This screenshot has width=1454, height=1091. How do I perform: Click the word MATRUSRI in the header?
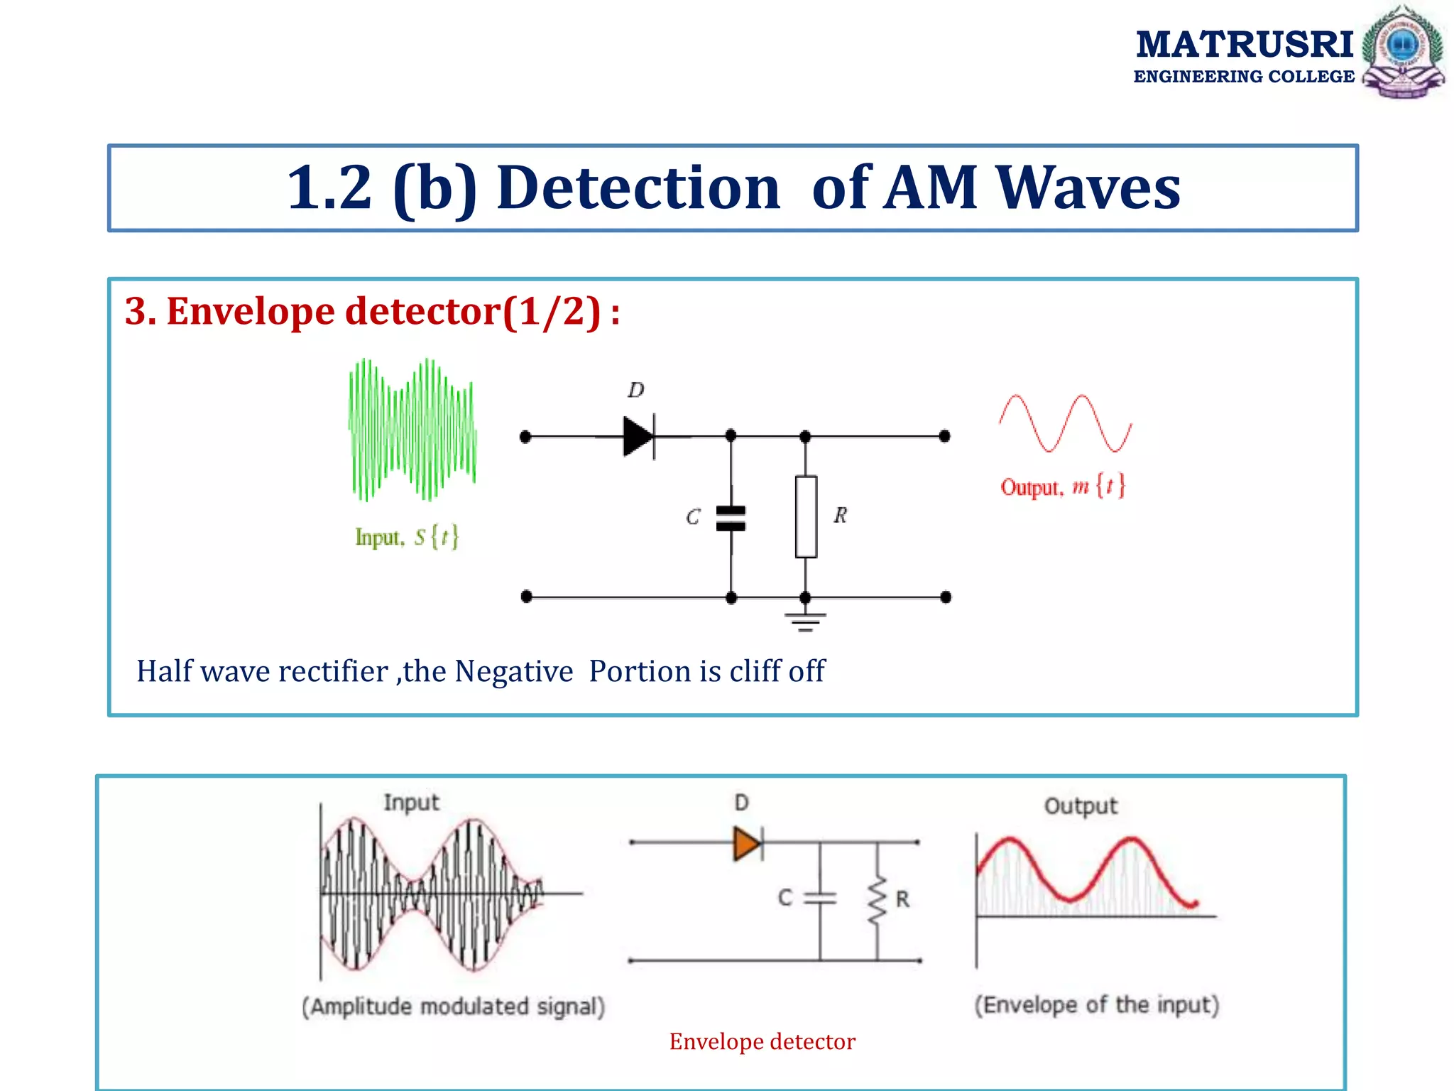[x=1244, y=44]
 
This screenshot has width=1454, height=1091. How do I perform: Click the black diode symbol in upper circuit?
[x=638, y=436]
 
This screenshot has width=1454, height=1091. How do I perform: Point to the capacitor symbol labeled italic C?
[x=731, y=518]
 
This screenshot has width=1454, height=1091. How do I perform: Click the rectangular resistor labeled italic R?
[x=806, y=516]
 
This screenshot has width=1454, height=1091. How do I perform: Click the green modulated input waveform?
[x=412, y=430]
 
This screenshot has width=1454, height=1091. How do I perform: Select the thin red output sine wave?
[x=1065, y=423]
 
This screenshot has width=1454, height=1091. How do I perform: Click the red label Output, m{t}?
[x=1062, y=487]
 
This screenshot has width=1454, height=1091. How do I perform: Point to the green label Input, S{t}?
[x=407, y=537]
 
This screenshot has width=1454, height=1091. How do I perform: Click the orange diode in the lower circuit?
[x=747, y=844]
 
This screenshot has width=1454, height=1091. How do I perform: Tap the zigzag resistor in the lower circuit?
[x=878, y=900]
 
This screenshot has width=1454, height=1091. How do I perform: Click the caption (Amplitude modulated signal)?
[x=453, y=1006]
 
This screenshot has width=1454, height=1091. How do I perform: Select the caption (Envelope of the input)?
[x=1095, y=1004]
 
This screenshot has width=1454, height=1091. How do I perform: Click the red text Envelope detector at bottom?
[x=762, y=1041]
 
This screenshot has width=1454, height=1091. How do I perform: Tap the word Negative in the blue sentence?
[x=513, y=671]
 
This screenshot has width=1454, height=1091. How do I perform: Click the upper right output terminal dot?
[x=944, y=436]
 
